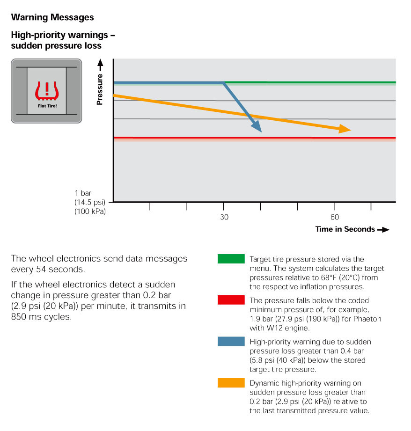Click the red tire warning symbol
(47, 90)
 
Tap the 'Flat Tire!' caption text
(47, 106)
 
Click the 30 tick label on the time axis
(224, 217)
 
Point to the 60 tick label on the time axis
(335, 217)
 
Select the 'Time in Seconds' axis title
(345, 229)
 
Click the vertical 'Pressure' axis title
(100, 89)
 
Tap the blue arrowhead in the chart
(257, 126)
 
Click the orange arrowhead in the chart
(345, 129)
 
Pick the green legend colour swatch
(231, 259)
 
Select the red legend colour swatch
(231, 300)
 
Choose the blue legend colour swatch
(231, 341)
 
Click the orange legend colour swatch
(231, 383)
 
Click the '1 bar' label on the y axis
(83, 193)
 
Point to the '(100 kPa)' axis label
(90, 212)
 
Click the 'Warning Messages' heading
(52, 17)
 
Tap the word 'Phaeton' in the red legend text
(367, 319)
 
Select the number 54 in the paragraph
(41, 269)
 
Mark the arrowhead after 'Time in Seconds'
(383, 229)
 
